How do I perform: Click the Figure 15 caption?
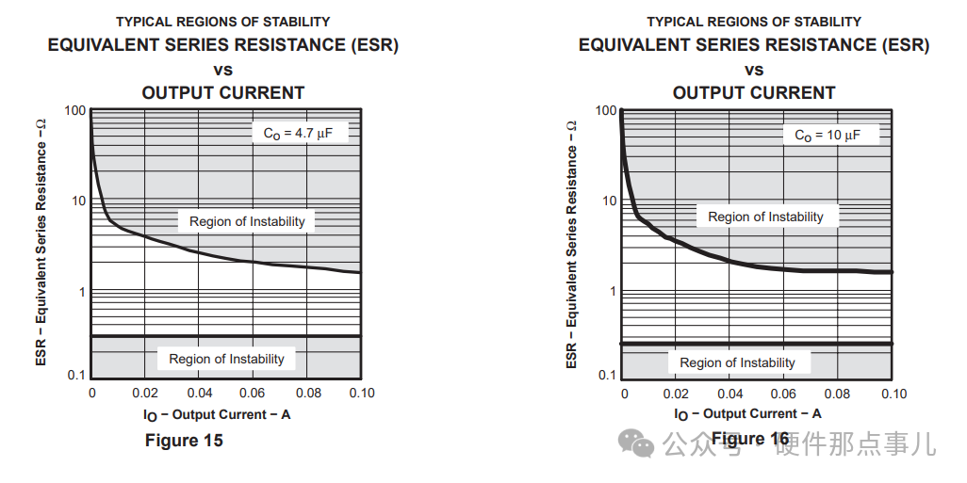(x=184, y=441)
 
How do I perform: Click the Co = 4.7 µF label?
(x=299, y=134)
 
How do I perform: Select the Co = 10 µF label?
(x=828, y=136)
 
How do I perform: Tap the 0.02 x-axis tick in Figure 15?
(x=145, y=393)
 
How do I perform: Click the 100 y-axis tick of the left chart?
(x=75, y=111)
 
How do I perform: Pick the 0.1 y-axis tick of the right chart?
(x=607, y=376)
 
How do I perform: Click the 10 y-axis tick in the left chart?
(x=78, y=201)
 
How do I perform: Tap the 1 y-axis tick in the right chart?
(x=613, y=291)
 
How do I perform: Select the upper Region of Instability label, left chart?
(x=247, y=221)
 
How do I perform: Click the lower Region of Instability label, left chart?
(x=226, y=359)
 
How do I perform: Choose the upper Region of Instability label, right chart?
(x=765, y=217)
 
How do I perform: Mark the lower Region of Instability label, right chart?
(x=737, y=362)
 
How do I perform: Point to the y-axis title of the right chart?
(x=571, y=243)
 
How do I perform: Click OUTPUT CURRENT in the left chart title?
(x=223, y=92)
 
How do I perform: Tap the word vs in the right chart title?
(x=754, y=70)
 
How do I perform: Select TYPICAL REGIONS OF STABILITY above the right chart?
(x=754, y=21)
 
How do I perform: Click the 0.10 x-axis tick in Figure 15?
(x=361, y=393)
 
